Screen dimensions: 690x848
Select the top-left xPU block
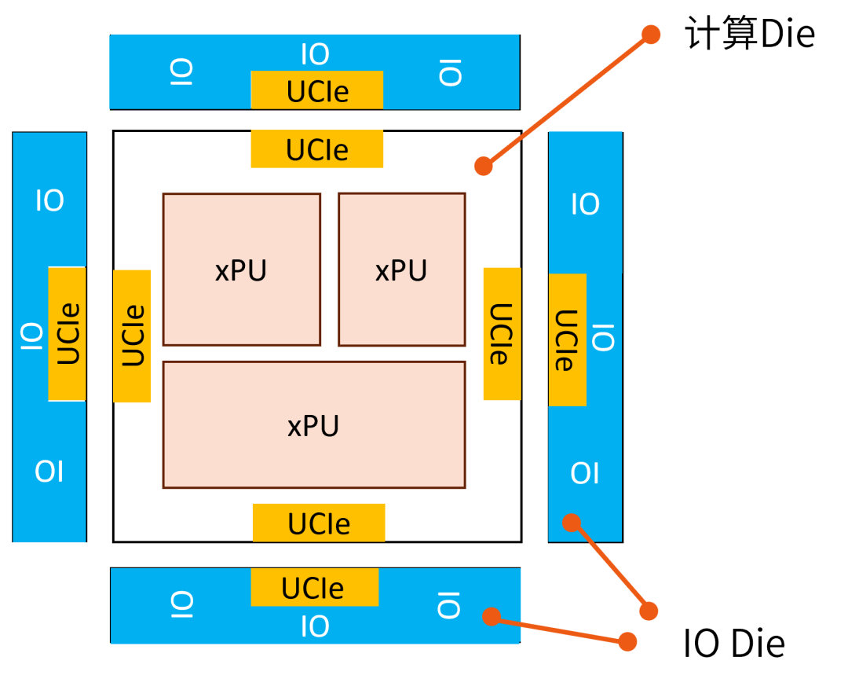(x=241, y=270)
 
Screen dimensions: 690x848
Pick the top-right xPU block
(x=401, y=270)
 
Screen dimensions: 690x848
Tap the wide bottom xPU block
(x=314, y=425)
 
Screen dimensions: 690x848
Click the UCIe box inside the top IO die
(x=317, y=90)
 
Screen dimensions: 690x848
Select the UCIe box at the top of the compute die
(x=317, y=149)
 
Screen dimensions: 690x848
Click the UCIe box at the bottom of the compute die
(x=319, y=523)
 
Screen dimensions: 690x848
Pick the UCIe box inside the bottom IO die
(x=314, y=588)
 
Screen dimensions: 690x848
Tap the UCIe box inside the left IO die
(x=68, y=334)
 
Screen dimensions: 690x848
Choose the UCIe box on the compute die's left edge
(x=132, y=336)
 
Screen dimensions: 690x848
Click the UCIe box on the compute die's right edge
(x=502, y=334)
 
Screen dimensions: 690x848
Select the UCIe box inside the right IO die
(x=567, y=339)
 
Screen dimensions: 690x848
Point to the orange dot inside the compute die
(x=484, y=166)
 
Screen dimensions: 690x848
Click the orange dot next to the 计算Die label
(x=651, y=34)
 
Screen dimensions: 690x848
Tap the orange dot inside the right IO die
(x=572, y=523)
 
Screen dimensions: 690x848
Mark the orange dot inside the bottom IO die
(x=492, y=617)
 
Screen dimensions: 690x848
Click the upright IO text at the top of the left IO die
(x=49, y=201)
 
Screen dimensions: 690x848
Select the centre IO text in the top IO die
(x=315, y=55)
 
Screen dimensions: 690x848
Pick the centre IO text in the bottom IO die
(x=315, y=626)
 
